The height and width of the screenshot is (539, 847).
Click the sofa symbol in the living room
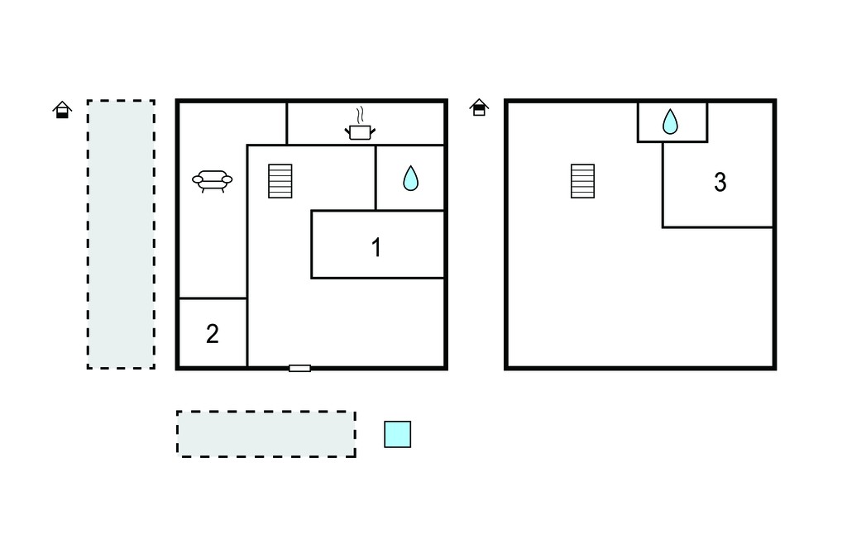tap(213, 181)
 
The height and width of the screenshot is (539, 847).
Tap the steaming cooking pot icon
tap(360, 124)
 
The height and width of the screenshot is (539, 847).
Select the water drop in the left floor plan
tap(410, 178)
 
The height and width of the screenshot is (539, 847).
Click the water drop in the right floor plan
tap(670, 122)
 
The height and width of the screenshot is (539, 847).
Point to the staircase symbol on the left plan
tap(280, 181)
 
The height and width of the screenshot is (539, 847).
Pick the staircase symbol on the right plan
tap(583, 181)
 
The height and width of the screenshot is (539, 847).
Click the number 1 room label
tap(376, 247)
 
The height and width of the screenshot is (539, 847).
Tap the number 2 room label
tap(213, 334)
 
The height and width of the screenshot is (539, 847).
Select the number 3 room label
tap(720, 182)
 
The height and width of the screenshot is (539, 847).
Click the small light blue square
tap(398, 434)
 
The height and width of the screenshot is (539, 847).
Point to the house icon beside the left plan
tap(62, 110)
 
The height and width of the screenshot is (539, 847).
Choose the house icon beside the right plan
tap(479, 107)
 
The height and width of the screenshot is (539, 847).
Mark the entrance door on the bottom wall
tap(299, 369)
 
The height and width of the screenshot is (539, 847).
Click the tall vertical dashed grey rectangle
tap(121, 235)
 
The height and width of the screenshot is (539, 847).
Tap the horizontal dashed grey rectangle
tap(266, 434)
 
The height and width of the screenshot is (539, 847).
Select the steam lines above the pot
tap(360, 115)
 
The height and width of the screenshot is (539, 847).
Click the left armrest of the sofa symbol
tap(197, 179)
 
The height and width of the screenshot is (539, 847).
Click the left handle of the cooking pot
tap(347, 130)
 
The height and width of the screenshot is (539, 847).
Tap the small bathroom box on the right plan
tap(672, 122)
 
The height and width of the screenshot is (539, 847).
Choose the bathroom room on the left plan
tap(410, 178)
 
